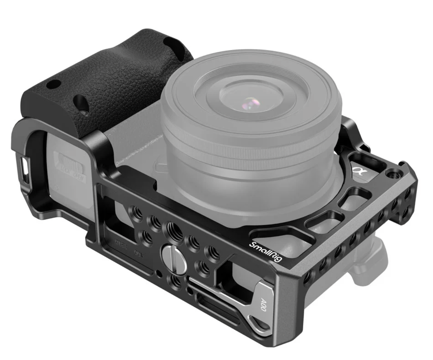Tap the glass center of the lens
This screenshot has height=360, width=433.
click(x=250, y=102)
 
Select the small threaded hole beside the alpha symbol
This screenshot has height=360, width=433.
click(x=391, y=174)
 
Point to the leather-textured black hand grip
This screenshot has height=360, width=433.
click(x=101, y=81)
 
